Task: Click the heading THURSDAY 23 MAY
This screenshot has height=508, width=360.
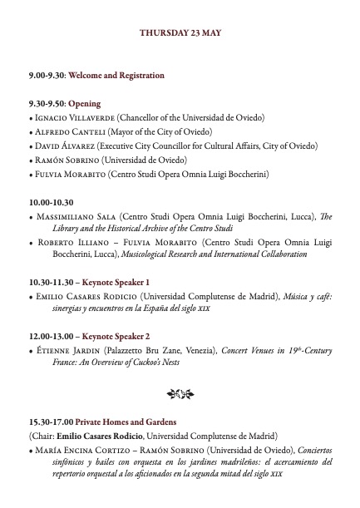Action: (180, 33)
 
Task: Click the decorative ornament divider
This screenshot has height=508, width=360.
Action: (180, 392)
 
